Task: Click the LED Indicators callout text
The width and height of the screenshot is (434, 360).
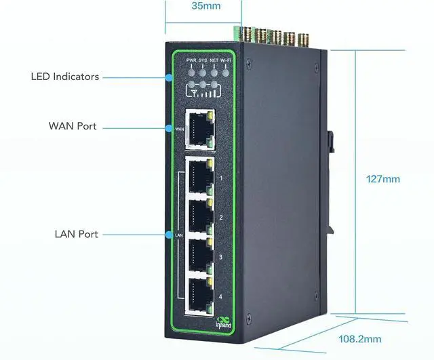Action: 65,77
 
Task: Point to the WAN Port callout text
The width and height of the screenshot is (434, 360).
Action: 73,126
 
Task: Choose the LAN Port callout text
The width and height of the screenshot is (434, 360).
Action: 77,234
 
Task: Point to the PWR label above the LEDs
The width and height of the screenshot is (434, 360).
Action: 191,60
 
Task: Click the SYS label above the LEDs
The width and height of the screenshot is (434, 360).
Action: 202,60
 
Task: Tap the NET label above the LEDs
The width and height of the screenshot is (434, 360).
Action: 214,60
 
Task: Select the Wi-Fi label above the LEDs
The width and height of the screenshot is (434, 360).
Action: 225,60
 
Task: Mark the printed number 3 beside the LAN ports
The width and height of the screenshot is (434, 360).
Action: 221,257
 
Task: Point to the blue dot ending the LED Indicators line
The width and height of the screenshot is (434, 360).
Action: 167,77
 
